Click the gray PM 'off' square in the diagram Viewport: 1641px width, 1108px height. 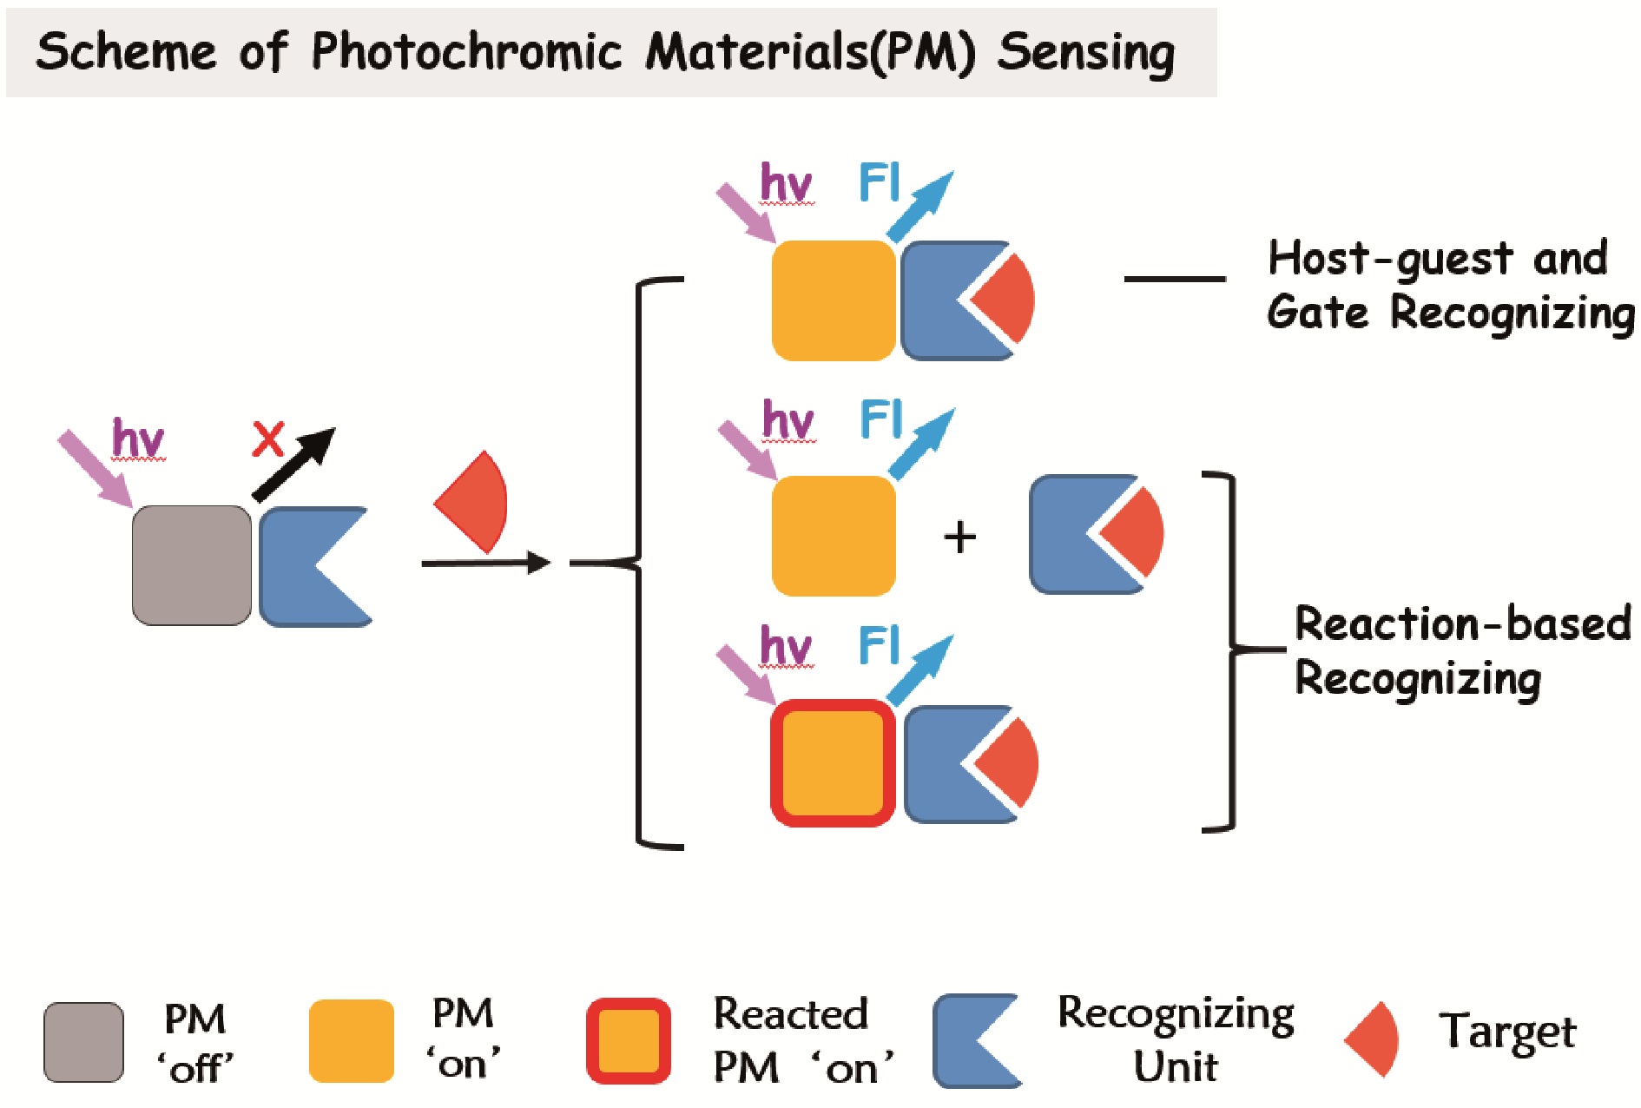pos(192,565)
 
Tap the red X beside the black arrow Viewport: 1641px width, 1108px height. pos(268,439)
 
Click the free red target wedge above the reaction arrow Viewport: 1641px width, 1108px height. pos(477,502)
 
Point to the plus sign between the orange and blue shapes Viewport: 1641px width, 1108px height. pos(959,537)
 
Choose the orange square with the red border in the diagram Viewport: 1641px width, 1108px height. pos(833,762)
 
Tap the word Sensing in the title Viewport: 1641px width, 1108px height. pos(1085,52)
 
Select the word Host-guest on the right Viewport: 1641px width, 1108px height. pos(1388,258)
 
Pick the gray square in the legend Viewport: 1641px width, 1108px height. pos(83,1042)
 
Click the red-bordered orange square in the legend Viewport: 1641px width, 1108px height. pos(629,1041)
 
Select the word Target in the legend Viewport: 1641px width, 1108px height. pos(1507,1032)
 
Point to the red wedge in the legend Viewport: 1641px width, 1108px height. pos(1374,1039)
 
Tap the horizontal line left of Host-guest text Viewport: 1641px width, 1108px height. pos(1175,279)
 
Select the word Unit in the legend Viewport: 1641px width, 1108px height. pos(1176,1066)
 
